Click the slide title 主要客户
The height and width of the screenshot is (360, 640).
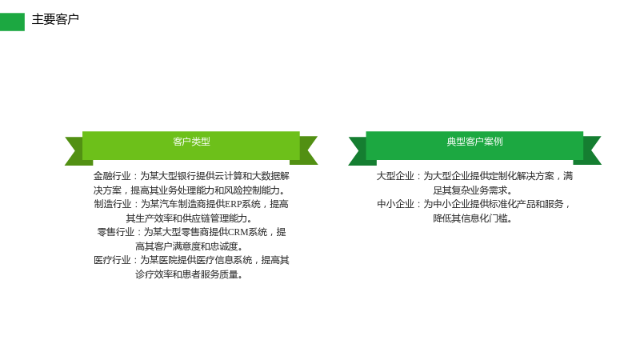55,19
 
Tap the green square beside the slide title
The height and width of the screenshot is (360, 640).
12,22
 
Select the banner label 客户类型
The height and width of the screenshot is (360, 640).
191,142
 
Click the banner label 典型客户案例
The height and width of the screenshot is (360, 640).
474,142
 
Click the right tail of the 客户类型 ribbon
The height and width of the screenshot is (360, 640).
306,150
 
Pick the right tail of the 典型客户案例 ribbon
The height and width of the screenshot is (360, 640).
590,150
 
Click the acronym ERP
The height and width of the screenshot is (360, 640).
233,204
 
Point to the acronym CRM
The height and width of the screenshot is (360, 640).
238,232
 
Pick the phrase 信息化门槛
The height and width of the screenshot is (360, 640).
484,218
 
